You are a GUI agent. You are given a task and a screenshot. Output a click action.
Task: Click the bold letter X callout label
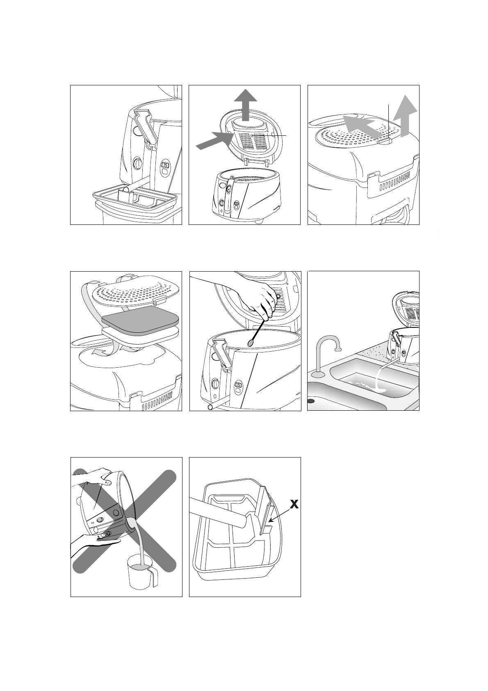point(294,504)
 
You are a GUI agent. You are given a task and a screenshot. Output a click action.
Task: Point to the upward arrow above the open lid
point(245,105)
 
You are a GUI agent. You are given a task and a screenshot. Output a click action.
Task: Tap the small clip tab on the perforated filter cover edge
point(385,141)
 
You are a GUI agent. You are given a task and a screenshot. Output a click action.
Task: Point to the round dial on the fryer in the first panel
point(137,163)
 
